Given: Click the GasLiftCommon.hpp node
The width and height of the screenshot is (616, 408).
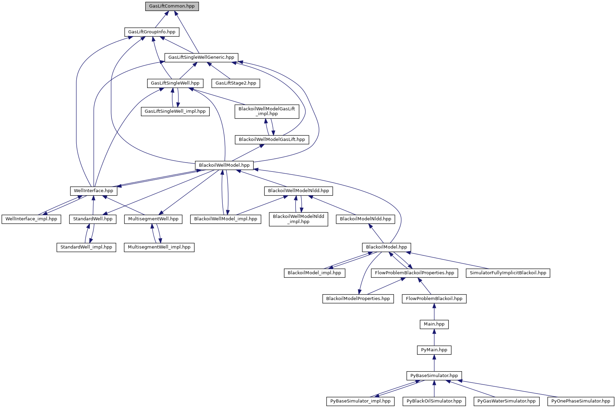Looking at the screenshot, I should tap(172, 7).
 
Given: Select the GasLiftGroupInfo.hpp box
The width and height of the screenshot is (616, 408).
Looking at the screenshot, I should tap(152, 32).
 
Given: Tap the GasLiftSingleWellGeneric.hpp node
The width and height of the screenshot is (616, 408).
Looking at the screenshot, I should tap(201, 57).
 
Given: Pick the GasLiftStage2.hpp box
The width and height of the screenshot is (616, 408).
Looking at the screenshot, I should tap(236, 83).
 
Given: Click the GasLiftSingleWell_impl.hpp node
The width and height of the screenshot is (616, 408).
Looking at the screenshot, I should tap(175, 111).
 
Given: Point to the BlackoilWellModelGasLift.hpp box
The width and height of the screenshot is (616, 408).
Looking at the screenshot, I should tap(272, 140).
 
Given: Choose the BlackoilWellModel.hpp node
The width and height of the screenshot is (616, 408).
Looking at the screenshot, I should tap(224, 165).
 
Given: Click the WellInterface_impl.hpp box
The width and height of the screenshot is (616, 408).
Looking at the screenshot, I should tap(31, 219).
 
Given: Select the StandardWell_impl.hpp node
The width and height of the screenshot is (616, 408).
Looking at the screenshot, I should tap(86, 247).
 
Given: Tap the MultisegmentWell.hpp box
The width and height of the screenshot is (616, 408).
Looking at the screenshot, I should tap(153, 219).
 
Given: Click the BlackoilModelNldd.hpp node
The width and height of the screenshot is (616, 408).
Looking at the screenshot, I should tap(365, 219).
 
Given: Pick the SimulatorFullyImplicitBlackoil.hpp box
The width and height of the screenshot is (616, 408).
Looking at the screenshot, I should tap(508, 273).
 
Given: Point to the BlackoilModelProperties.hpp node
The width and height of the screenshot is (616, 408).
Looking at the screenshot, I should tap(358, 299).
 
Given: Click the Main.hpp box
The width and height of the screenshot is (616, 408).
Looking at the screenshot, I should tap(434, 324).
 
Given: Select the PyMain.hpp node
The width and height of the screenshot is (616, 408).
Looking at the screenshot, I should tap(434, 350).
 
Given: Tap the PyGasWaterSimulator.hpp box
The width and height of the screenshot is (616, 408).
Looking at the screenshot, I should tap(506, 401).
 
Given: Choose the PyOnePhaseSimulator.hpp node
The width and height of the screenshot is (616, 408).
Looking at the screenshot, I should tap(581, 401).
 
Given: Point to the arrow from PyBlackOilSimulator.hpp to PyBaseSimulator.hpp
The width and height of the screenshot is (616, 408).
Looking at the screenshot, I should tap(434, 388).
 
